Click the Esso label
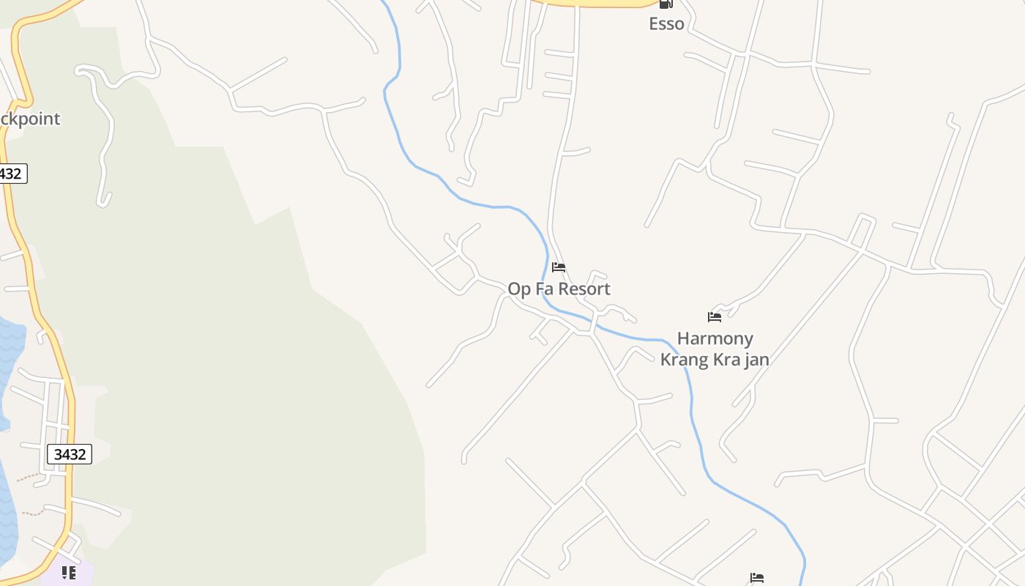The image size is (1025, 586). pos(666,23)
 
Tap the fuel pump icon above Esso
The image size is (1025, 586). pos(666,4)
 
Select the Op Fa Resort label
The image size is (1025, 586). pos(559,289)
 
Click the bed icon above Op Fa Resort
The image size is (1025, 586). pos(559,267)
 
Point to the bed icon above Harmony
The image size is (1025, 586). pos(715,317)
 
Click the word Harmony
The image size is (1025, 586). pos(715,338)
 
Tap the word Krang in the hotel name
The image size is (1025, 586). pos(686,360)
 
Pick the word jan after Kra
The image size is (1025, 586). pos(755,360)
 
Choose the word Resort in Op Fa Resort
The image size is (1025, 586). pos(583,289)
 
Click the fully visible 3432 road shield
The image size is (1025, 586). pos(70,454)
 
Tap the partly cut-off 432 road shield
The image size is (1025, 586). pos(11,174)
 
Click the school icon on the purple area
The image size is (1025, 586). pos(68,572)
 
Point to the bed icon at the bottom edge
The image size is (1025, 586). pos(757,579)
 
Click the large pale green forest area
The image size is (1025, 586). pos(242,366)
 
